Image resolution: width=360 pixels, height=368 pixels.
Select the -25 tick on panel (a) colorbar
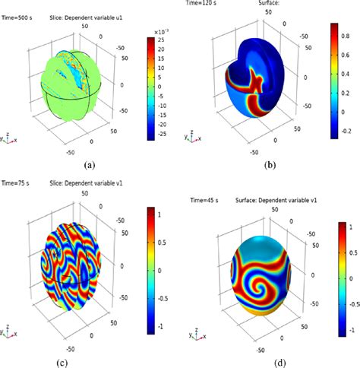(162, 119)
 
